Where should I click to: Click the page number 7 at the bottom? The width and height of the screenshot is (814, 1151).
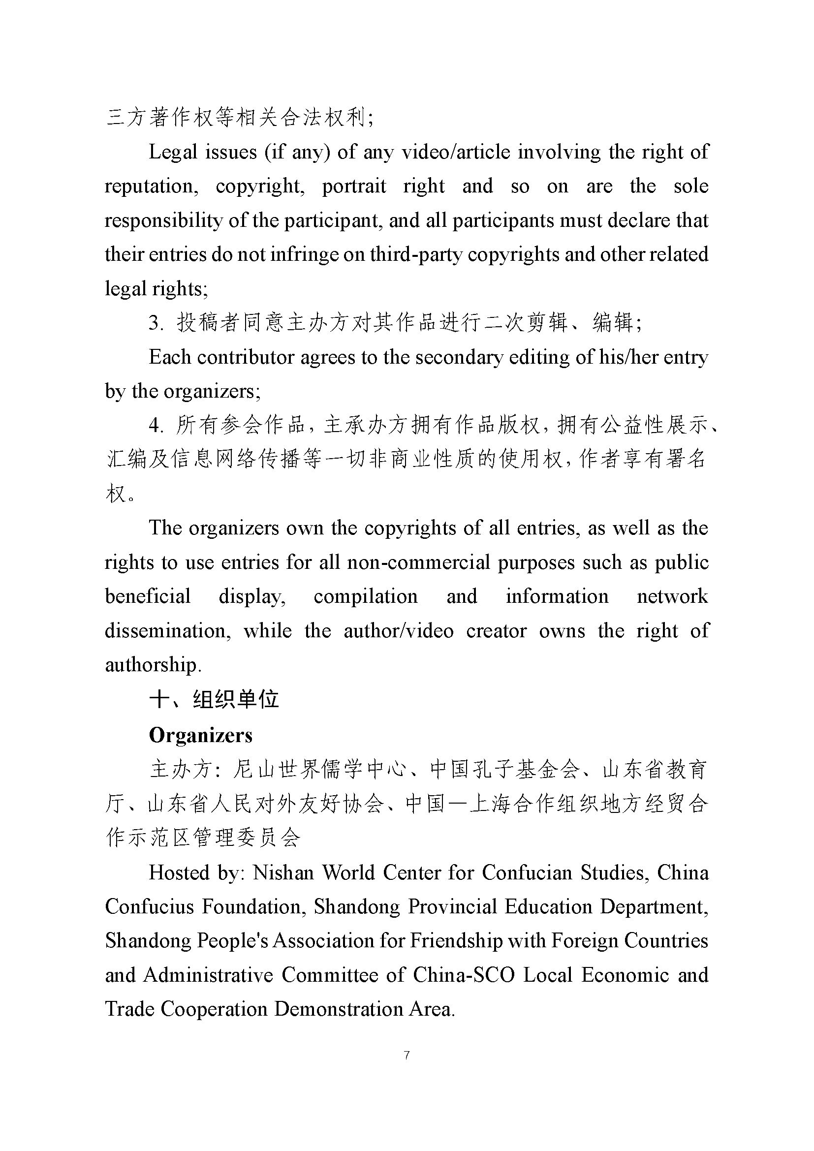point(407,1055)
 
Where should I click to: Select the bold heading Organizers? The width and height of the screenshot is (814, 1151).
point(200,735)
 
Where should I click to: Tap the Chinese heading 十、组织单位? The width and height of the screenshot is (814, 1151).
point(214,699)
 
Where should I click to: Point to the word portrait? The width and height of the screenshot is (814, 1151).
point(354,186)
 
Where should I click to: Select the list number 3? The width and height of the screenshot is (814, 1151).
point(156,323)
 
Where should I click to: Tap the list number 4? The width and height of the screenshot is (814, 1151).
point(156,426)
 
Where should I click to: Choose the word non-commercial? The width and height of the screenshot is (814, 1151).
point(418,562)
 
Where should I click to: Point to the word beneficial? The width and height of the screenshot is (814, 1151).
point(147,596)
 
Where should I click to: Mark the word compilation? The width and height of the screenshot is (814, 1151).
point(365,596)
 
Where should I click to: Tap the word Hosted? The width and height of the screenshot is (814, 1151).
point(179,873)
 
